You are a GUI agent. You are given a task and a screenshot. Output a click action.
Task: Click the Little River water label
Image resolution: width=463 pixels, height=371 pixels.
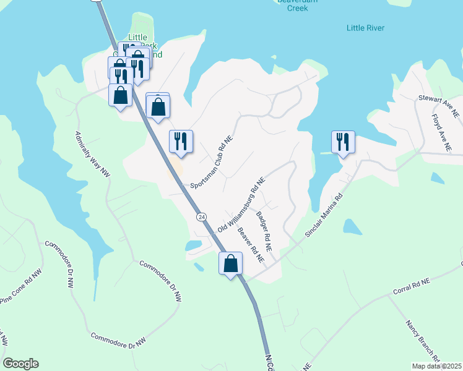click(x=365, y=28)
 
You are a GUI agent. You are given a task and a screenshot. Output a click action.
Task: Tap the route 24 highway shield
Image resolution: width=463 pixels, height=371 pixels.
click(x=201, y=217)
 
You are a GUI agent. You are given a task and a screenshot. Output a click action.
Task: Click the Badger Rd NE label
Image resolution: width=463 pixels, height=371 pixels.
click(x=264, y=226)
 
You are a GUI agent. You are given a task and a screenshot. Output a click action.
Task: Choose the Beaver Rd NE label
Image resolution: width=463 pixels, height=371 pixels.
click(x=251, y=245)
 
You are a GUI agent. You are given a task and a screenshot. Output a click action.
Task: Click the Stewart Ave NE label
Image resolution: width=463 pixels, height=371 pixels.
click(x=439, y=106)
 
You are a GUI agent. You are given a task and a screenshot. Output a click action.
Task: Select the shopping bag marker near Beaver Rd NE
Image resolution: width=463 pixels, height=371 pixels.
click(x=230, y=264)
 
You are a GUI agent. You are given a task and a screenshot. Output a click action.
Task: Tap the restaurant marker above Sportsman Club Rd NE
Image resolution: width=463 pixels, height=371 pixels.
click(x=181, y=141)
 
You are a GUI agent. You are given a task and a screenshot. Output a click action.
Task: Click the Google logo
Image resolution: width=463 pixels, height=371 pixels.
click(x=20, y=364)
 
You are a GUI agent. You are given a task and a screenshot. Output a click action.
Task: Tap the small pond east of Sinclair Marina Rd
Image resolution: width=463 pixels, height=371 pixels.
click(x=352, y=226)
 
